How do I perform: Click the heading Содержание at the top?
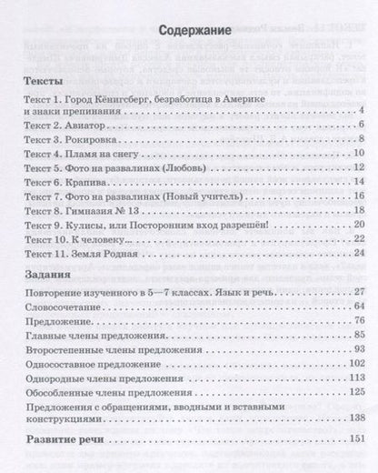(x=188, y=53)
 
